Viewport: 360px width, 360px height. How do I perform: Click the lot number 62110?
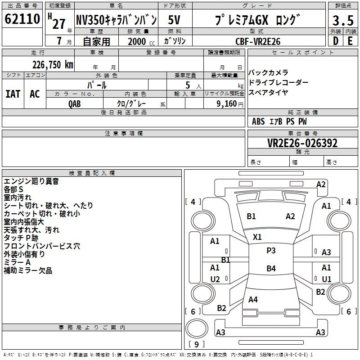pyautogui.click(x=22, y=20)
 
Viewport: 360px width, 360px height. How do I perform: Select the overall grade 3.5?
pyautogui.click(x=342, y=21)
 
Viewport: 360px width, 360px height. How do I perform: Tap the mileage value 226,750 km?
pyautogui.click(x=53, y=64)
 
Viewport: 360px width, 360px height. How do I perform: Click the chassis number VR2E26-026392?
pyautogui.click(x=302, y=143)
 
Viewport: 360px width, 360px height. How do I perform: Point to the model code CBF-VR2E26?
pyautogui.click(x=258, y=41)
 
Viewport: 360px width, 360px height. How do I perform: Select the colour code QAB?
pyautogui.click(x=75, y=103)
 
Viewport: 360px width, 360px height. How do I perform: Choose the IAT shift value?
pyautogui.click(x=13, y=94)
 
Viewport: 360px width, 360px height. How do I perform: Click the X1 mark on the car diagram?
pyautogui.click(x=257, y=237)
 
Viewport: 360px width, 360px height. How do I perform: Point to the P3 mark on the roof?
pyautogui.click(x=271, y=251)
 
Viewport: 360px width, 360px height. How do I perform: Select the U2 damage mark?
pyautogui.click(x=215, y=279)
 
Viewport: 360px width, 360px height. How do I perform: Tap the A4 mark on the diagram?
pyautogui.click(x=253, y=300)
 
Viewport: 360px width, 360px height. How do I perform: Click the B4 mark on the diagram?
pyautogui.click(x=271, y=269)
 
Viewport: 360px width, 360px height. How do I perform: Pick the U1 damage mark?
pyautogui.click(x=326, y=279)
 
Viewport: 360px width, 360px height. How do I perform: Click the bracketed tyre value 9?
pyautogui.click(x=196, y=345)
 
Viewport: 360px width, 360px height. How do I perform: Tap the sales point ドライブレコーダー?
pyautogui.click(x=278, y=82)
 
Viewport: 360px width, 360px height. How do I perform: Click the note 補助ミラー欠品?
pyautogui.click(x=28, y=270)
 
